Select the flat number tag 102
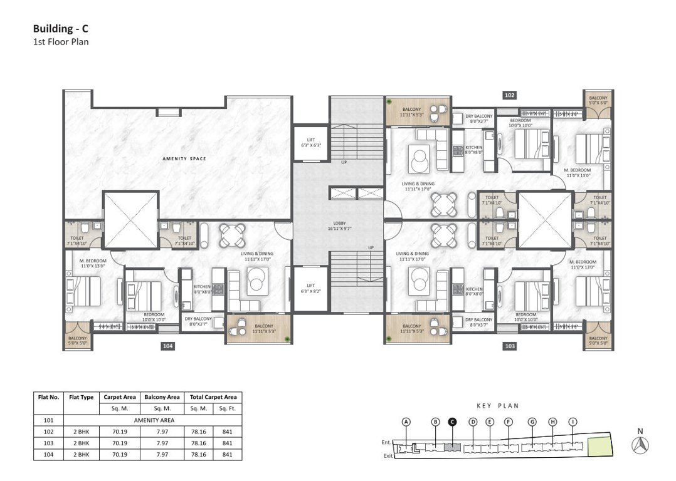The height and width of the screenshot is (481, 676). click(x=509, y=95)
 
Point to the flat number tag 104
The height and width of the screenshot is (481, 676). click(x=167, y=346)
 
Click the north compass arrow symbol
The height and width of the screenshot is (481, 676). click(x=640, y=445)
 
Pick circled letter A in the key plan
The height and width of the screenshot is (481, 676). click(x=406, y=422)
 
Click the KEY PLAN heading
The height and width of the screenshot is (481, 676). click(x=499, y=406)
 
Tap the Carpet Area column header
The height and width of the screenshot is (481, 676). click(x=120, y=397)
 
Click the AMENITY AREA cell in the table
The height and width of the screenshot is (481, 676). click(x=153, y=420)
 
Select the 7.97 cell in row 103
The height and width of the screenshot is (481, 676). click(x=162, y=443)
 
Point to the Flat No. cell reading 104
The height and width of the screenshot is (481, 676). click(x=48, y=454)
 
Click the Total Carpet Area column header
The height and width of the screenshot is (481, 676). click(x=213, y=397)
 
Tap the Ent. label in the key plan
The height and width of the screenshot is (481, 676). click(x=386, y=443)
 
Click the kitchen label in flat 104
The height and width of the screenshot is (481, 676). click(x=202, y=289)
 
